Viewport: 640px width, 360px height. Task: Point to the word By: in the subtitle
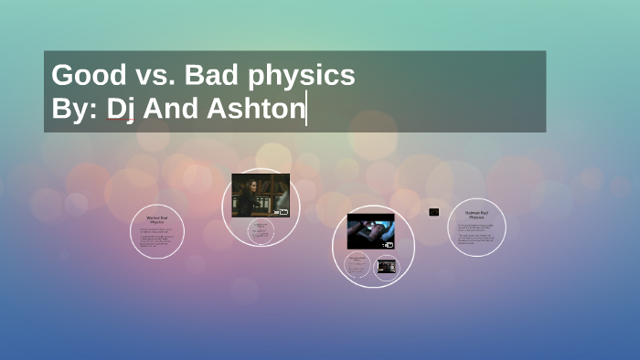point(74,109)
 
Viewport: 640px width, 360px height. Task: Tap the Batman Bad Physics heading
point(476,216)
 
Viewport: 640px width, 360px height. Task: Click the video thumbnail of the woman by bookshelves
point(261,196)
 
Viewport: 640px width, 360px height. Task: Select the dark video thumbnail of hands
point(370,231)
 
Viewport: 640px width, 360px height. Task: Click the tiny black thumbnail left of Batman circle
point(433,212)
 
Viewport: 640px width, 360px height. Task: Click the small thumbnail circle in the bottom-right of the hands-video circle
point(387,267)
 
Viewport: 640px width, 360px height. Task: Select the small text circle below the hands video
point(358,268)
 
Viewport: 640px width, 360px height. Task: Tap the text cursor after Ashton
point(306,109)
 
